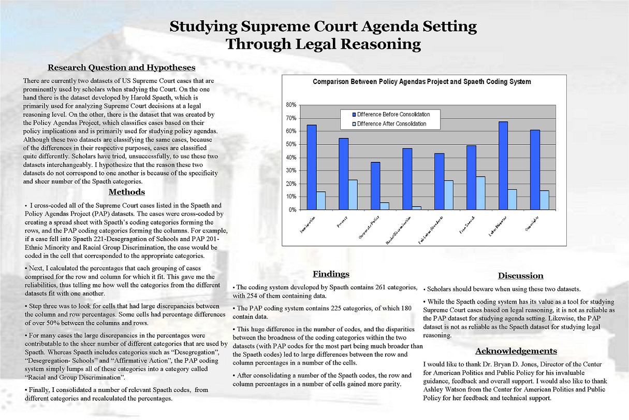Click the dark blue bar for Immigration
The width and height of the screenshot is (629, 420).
pos(312,167)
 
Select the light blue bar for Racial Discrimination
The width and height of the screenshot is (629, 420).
pos(417,208)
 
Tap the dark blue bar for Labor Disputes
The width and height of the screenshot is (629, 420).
pos(503,165)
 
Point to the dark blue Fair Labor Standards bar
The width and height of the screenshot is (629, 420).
pos(440,181)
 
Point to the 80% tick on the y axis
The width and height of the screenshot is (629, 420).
pos(291,105)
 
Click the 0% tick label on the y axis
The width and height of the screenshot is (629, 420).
pos(292,210)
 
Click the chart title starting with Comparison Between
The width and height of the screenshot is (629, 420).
pos(422,82)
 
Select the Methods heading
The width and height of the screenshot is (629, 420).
pos(127,192)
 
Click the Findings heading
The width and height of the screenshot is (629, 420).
pos(331,274)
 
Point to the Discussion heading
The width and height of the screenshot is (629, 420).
pos(520,276)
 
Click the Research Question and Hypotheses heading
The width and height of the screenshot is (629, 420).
pos(122,67)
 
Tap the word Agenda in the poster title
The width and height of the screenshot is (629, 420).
pos(367,26)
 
